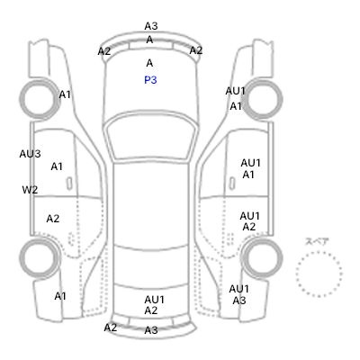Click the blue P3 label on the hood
[150, 80]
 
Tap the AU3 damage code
[30, 154]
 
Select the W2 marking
[30, 190]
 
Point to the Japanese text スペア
[317, 241]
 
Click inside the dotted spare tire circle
[319, 274]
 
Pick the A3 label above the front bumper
[151, 26]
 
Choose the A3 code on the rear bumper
[151, 330]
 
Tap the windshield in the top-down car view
[151, 138]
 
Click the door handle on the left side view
[69, 184]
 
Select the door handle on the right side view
[232, 184]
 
